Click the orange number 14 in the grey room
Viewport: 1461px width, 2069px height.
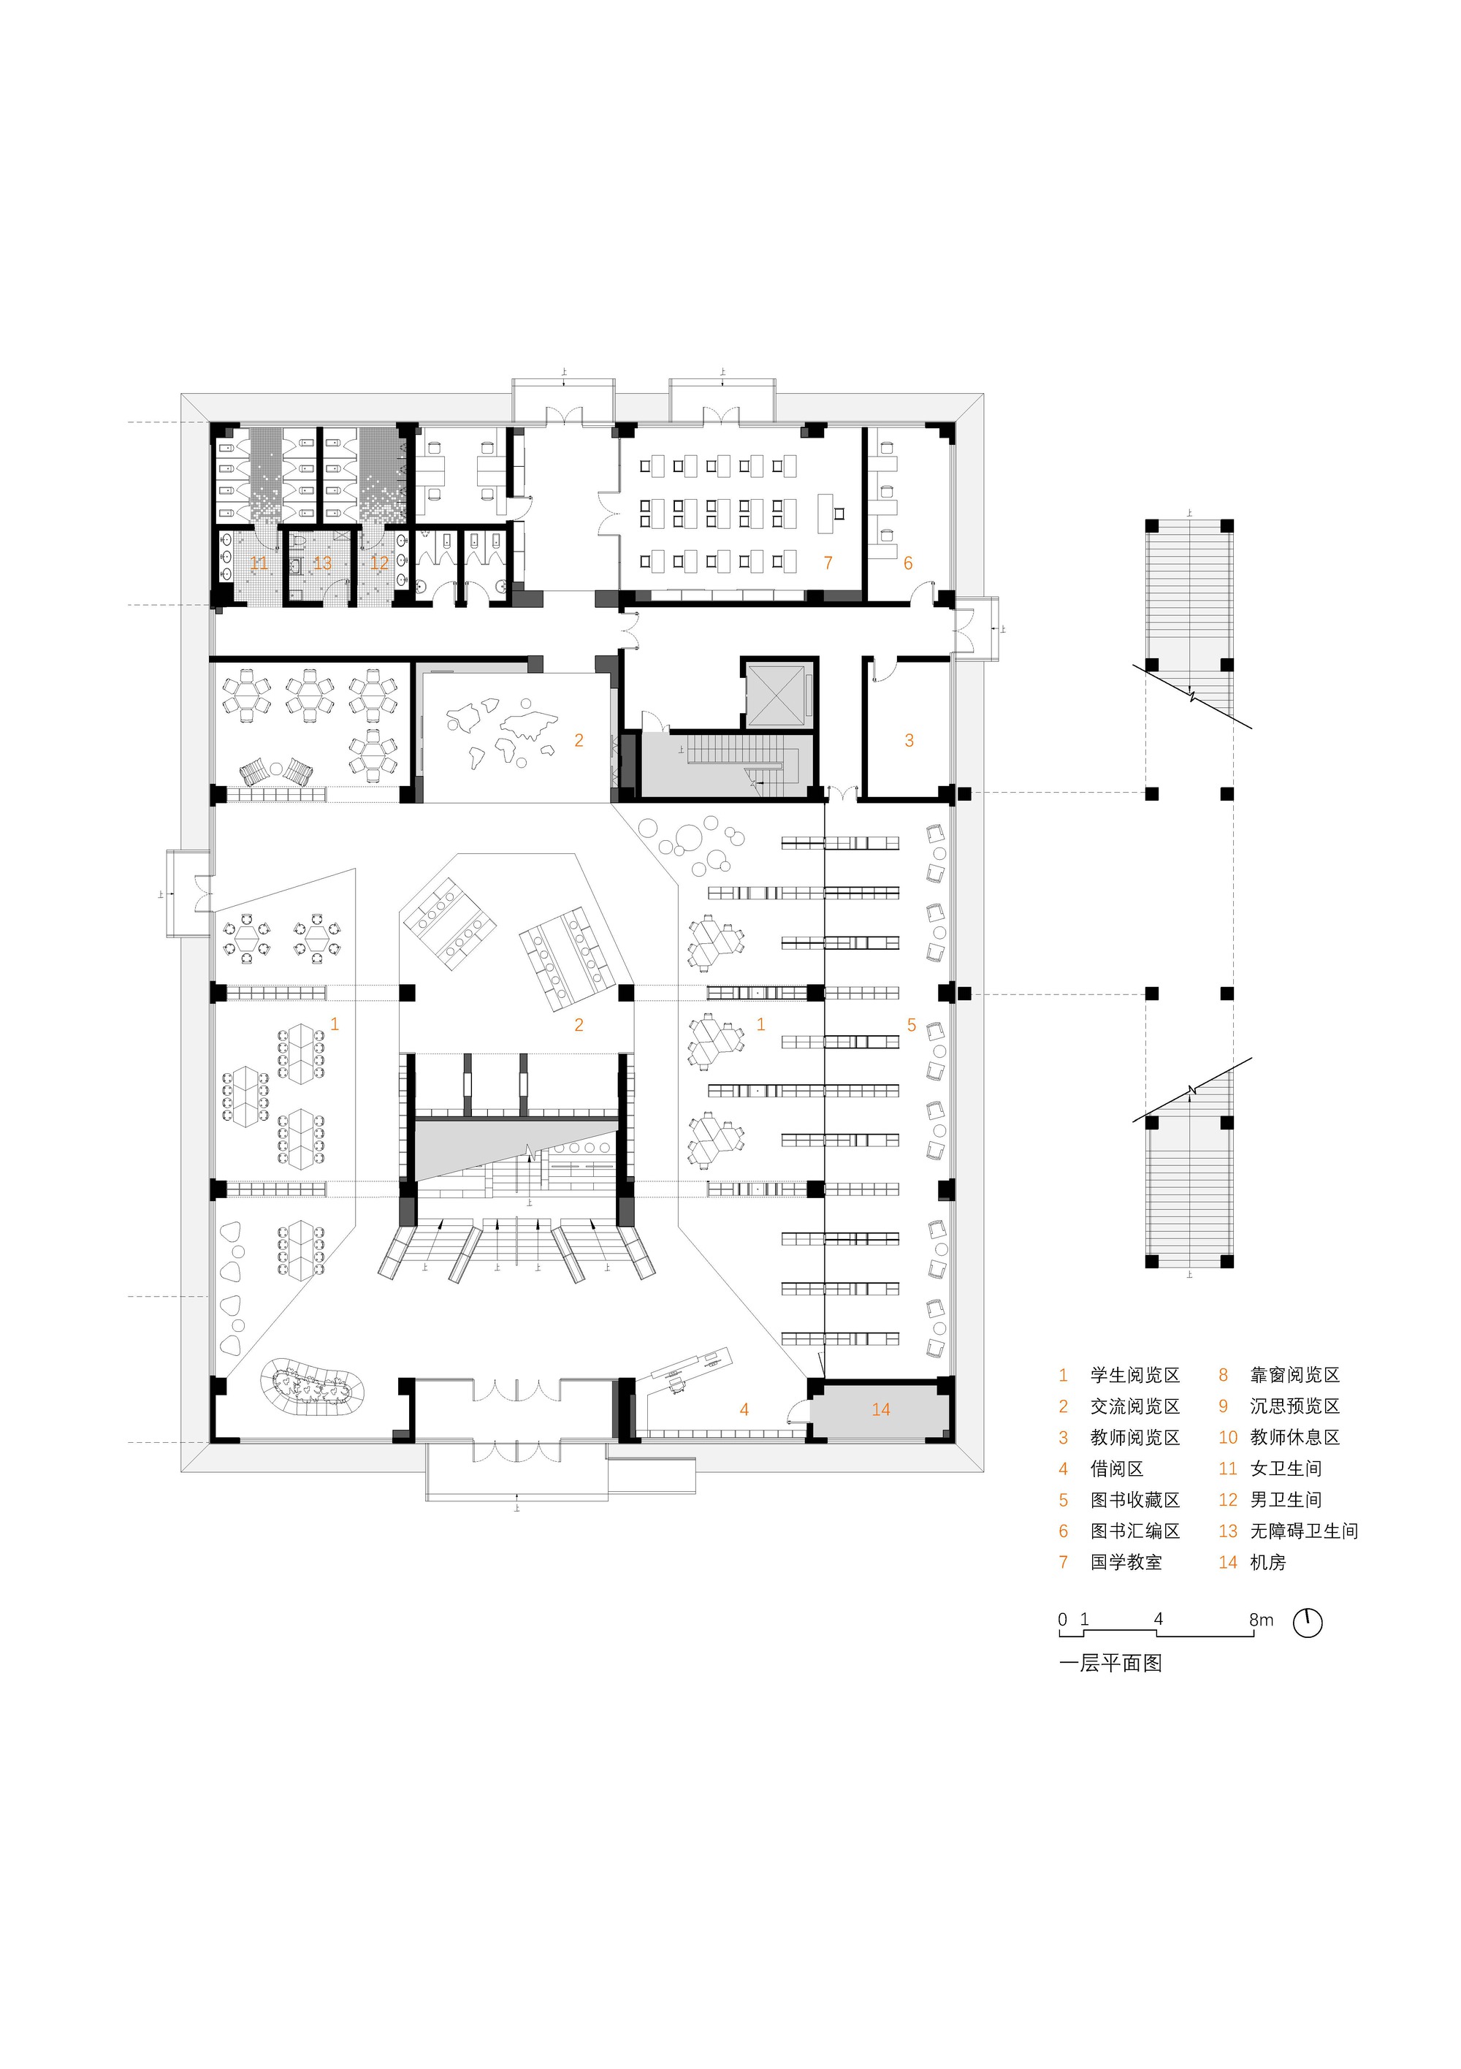coord(880,1409)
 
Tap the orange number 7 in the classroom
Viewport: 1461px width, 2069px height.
coord(828,563)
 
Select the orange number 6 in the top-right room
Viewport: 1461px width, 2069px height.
coord(907,563)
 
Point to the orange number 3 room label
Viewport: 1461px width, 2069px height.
coord(909,741)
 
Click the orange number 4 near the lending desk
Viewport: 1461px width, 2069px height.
coord(744,1409)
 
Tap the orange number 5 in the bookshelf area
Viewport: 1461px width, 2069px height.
coord(911,1024)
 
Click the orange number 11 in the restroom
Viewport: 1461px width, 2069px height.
coord(259,563)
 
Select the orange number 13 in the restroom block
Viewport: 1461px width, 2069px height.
coord(321,563)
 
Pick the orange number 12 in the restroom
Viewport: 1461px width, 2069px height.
coord(379,563)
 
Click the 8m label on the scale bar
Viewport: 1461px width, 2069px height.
coord(1261,1620)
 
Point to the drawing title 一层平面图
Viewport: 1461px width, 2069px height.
coord(1110,1664)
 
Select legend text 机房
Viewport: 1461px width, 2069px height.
coord(1267,1563)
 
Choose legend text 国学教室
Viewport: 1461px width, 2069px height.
coord(1126,1563)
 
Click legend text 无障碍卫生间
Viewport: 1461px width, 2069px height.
coord(1303,1531)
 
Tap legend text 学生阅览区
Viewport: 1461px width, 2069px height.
coord(1134,1375)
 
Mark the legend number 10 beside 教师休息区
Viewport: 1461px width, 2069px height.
coord(1227,1437)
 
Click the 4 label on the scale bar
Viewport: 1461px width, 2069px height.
coord(1158,1620)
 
